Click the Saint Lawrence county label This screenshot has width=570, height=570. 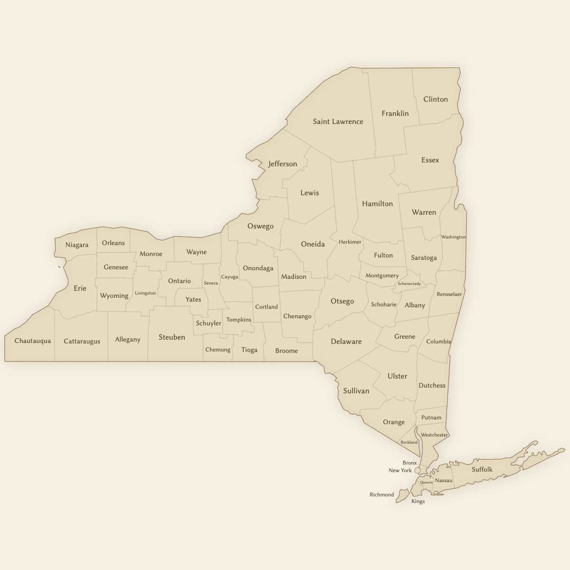(338, 122)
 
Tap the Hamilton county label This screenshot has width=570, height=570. (377, 204)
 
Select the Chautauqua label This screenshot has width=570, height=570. (32, 341)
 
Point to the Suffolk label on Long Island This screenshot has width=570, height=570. (482, 470)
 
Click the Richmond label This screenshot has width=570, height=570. (381, 494)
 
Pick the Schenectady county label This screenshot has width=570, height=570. (409, 284)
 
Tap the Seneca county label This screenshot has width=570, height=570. (211, 283)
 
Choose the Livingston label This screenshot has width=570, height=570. (145, 293)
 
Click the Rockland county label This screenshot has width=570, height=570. (409, 442)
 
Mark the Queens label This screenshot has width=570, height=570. (426, 483)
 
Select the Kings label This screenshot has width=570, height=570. (418, 502)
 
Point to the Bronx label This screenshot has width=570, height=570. (409, 463)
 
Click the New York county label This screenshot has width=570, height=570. (400, 470)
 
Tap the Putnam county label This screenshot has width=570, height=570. (431, 418)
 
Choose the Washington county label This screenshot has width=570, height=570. (453, 237)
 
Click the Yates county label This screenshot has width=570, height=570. (193, 299)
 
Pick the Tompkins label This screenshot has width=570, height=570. (238, 320)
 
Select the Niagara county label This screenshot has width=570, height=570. (77, 245)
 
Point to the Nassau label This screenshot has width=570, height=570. (444, 480)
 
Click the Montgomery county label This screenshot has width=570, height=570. (382, 275)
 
